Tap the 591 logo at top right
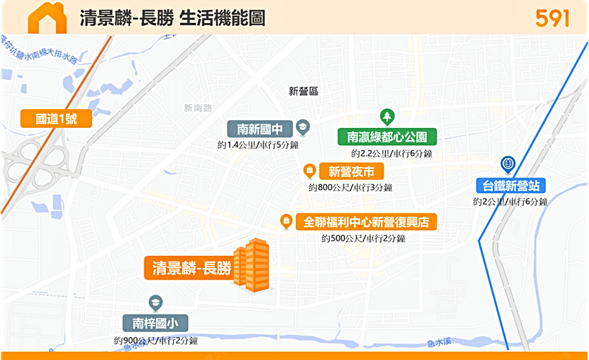(552, 18)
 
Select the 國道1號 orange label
(55, 119)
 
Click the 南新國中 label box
(260, 129)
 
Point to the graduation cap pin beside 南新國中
(302, 127)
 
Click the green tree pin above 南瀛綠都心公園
(387, 116)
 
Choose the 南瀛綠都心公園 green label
(387, 137)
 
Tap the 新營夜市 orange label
(351, 171)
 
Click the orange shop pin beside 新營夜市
(310, 170)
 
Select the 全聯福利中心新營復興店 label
(366, 222)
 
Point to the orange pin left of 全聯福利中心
(286, 221)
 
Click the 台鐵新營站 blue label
(510, 185)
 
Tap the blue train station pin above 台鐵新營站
(508, 165)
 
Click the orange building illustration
(253, 265)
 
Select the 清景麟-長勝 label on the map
(191, 268)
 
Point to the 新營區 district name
(303, 91)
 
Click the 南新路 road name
(198, 108)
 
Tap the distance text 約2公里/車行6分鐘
(510, 202)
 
